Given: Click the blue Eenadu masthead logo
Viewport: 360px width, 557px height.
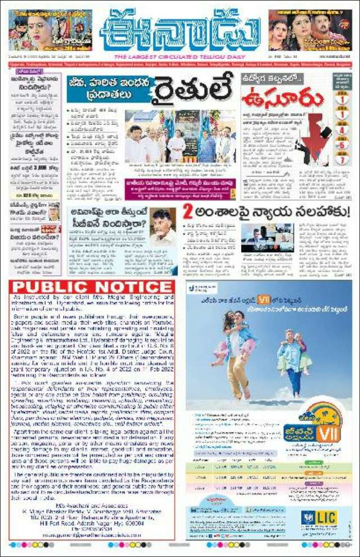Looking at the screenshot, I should (180, 31).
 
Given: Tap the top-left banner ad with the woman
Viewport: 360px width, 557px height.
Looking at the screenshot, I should (50, 30).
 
